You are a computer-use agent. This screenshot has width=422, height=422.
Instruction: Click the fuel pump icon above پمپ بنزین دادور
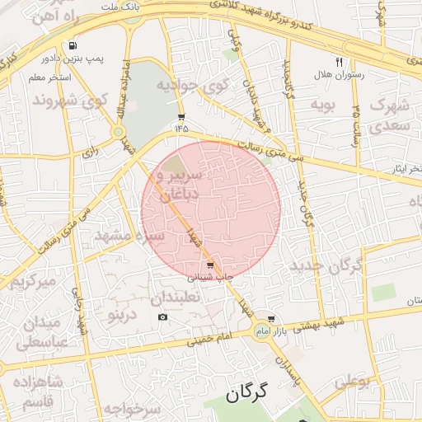tap(74, 46)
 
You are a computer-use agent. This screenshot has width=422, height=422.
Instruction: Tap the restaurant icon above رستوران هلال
tap(339, 62)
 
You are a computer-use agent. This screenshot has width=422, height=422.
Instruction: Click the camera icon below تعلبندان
tap(162, 317)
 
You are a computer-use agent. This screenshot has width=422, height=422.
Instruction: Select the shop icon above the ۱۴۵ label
tap(181, 117)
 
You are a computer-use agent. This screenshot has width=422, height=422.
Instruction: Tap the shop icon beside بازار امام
tap(271, 319)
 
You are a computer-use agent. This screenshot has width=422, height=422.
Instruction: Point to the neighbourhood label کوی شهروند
tap(70, 101)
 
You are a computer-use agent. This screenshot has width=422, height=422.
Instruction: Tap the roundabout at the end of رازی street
tap(119, 131)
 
